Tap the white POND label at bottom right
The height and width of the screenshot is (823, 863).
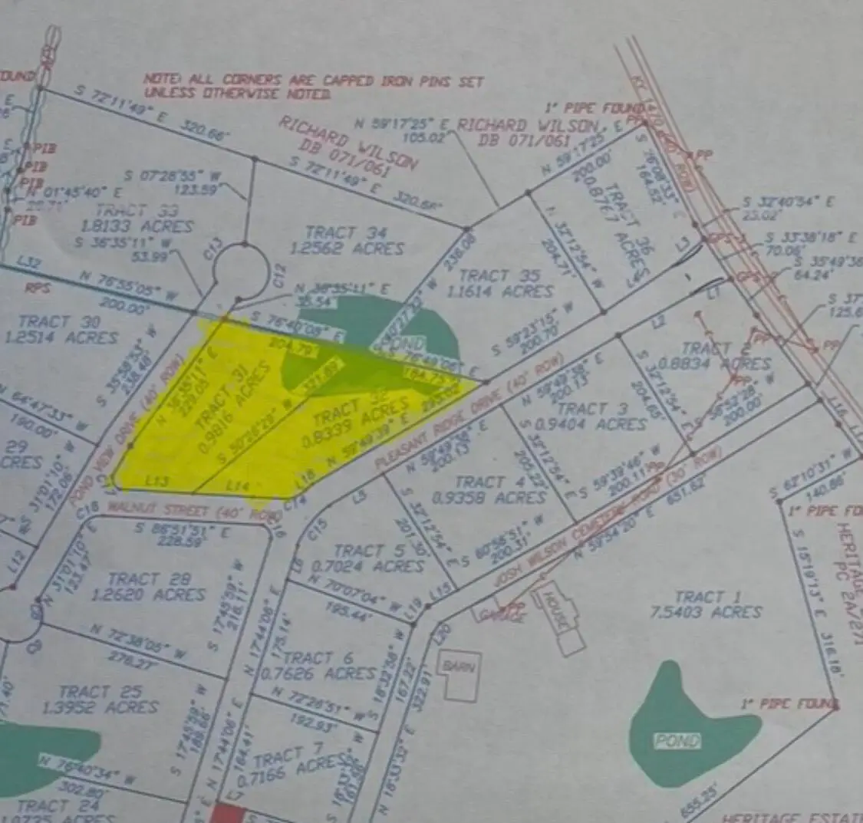678,740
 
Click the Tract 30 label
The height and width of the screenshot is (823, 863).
68,321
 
